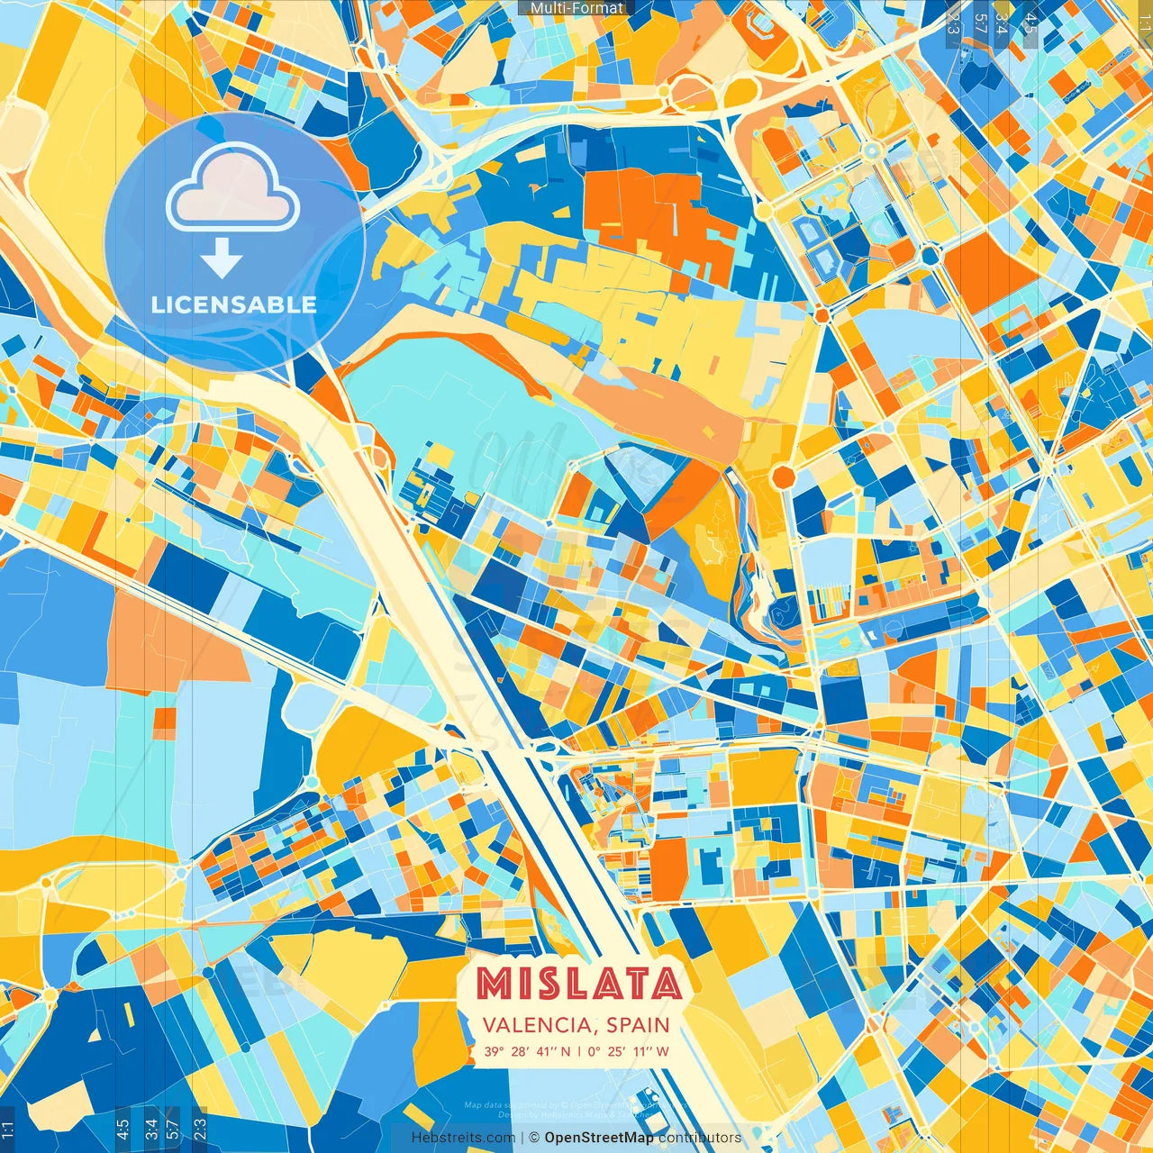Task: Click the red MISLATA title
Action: coord(578,984)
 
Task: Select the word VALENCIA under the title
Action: coord(536,1025)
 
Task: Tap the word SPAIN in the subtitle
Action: coord(638,1025)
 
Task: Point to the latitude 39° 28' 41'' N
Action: coord(527,1051)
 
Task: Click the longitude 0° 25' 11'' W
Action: coord(628,1051)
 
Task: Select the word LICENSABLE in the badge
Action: coord(234,304)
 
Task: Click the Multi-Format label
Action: coord(576,8)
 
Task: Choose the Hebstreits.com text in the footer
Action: coord(463,1138)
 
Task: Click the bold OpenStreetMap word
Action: coord(599,1138)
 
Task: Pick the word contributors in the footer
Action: coord(700,1138)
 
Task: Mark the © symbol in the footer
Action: coord(533,1138)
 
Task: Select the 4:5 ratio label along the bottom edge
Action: coord(123,1127)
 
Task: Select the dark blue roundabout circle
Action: coord(930,256)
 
